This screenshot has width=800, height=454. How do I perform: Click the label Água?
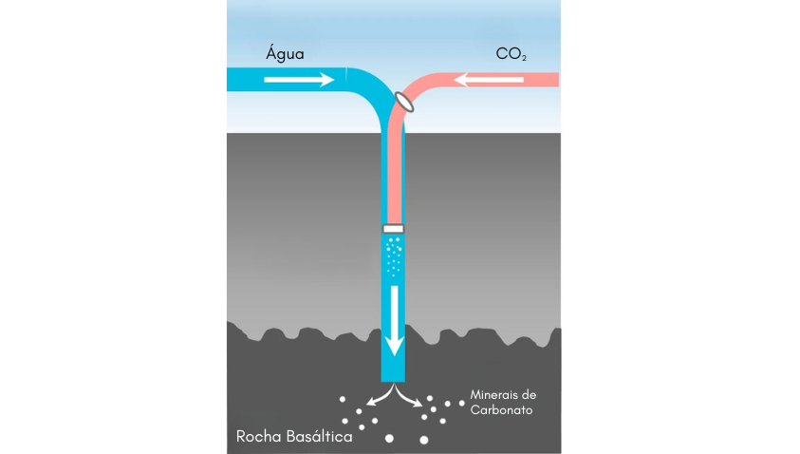tap(285, 54)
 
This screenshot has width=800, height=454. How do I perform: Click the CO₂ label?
tap(511, 54)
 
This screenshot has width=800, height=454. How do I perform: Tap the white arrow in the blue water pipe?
tap(299, 80)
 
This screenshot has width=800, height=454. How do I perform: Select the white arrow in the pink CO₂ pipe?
tap(489, 80)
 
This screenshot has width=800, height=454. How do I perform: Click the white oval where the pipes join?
tap(404, 101)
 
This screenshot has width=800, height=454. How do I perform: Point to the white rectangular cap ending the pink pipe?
tap(394, 229)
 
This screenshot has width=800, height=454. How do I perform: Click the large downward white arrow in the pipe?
tap(394, 321)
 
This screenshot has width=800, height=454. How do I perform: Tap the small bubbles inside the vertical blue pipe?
tap(394, 256)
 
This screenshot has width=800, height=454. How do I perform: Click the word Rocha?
tap(258, 437)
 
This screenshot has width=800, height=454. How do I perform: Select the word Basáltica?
tap(320, 437)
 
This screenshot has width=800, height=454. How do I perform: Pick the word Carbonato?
tap(501, 410)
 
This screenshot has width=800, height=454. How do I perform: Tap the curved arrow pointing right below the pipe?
tap(408, 396)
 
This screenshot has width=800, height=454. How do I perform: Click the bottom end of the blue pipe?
tap(394, 381)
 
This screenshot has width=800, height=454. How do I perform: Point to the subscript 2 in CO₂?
tap(524, 59)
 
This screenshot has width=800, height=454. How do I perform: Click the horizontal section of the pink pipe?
tap(500, 80)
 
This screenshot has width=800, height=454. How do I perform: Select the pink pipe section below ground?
tap(395, 179)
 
